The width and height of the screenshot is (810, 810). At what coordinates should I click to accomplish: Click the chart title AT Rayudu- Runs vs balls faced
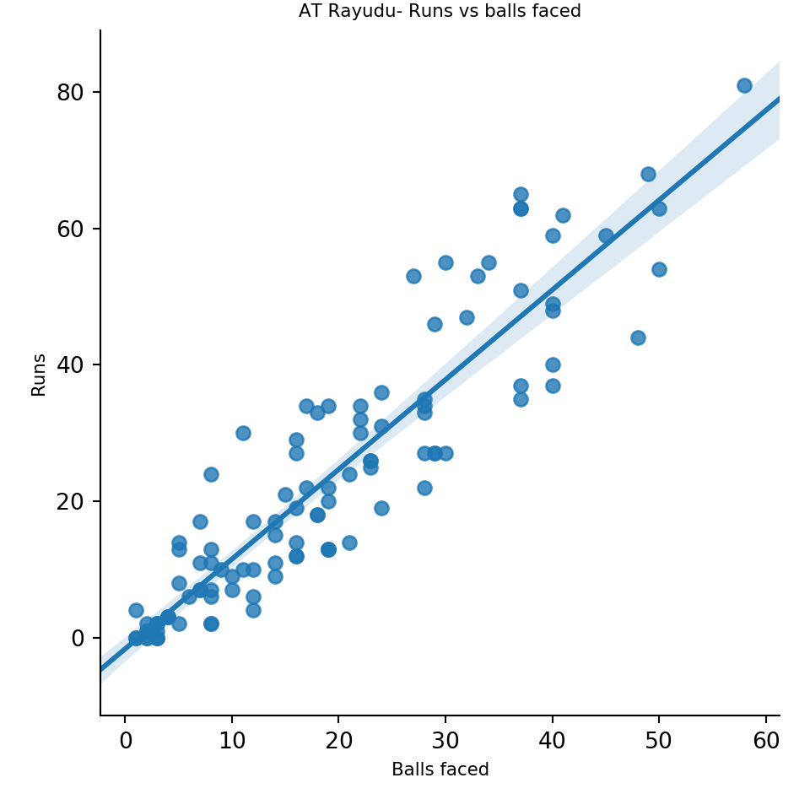(440, 11)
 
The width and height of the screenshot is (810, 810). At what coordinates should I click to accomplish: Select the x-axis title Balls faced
(440, 769)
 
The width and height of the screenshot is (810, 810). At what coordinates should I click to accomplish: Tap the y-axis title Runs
(39, 374)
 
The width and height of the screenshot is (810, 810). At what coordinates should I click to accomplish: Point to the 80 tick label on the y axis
(71, 92)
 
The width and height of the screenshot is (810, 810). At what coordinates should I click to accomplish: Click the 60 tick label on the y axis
(71, 229)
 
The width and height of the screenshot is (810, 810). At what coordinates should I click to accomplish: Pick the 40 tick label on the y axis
(71, 365)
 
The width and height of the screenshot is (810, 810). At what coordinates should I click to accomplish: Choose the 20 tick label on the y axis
(71, 501)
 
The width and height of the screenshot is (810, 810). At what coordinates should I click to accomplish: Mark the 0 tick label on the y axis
(78, 638)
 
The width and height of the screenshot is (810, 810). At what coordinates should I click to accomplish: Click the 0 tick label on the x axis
(125, 741)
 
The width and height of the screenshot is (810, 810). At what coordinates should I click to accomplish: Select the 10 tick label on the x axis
(232, 741)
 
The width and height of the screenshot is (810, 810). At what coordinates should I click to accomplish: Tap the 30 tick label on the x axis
(445, 741)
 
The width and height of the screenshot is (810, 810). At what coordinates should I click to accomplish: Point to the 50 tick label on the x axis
(659, 741)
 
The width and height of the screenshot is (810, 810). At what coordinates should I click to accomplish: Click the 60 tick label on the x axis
(766, 741)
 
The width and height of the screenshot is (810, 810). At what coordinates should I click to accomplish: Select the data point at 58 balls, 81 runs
(744, 85)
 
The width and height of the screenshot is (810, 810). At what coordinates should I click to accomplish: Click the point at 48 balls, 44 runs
(638, 337)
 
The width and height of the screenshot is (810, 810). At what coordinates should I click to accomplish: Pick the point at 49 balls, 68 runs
(648, 174)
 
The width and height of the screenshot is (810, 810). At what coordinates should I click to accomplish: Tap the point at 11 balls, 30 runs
(243, 433)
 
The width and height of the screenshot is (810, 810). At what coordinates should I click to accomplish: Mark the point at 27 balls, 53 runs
(413, 276)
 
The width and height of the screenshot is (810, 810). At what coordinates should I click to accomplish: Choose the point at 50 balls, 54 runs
(659, 269)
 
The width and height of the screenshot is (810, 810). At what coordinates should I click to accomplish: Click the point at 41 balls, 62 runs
(563, 215)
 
